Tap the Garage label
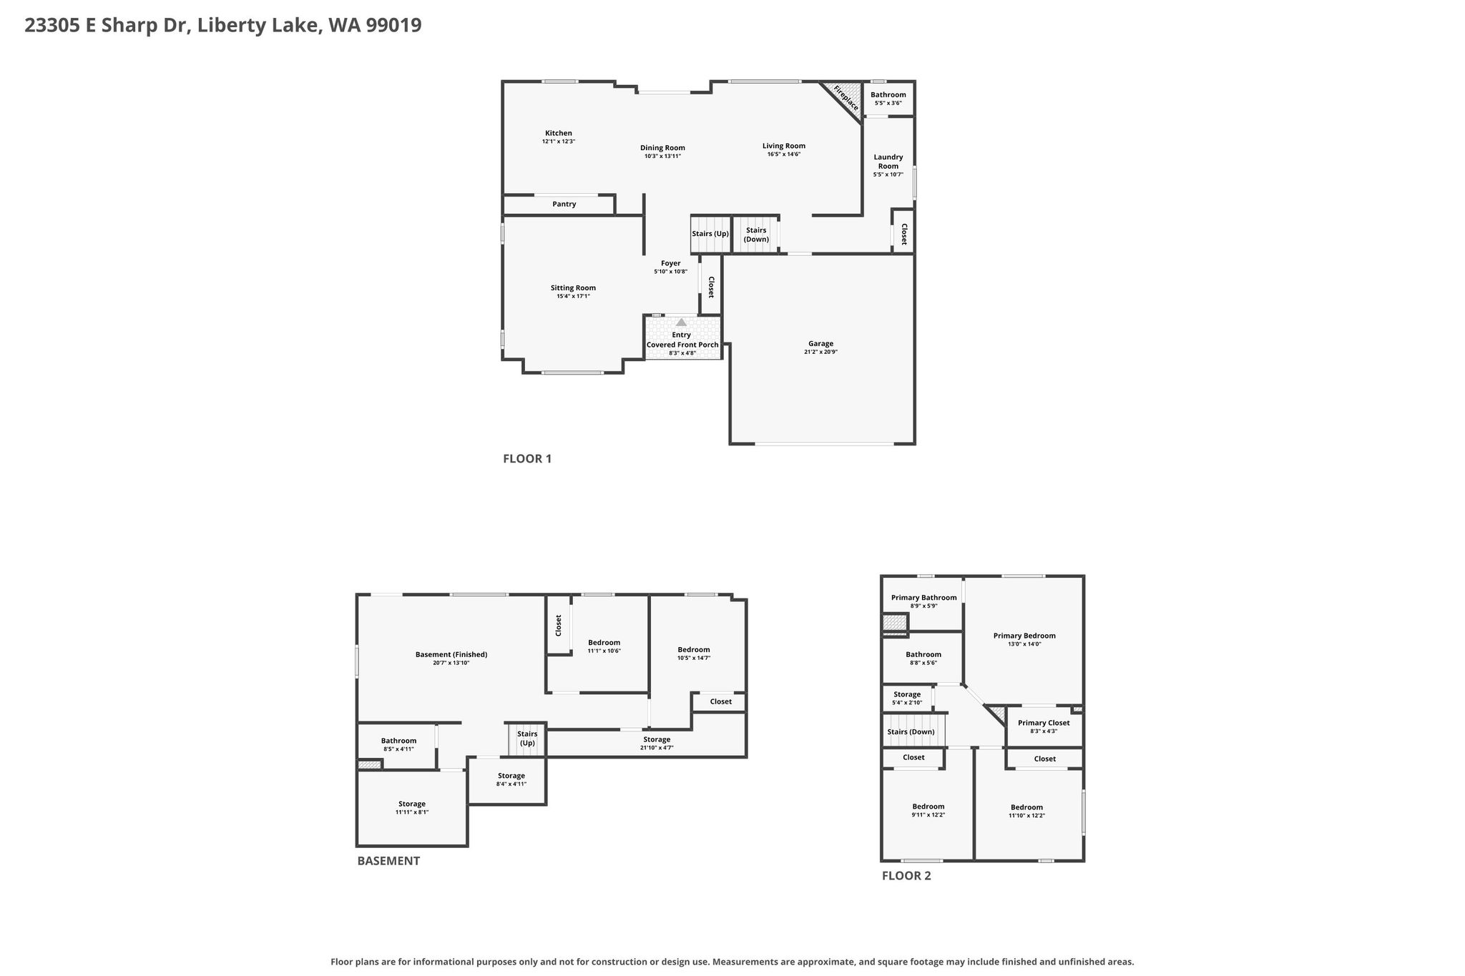[821, 344]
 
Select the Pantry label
[564, 204]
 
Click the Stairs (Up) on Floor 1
[710, 234]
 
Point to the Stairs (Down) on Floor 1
[756, 234]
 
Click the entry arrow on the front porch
[681, 322]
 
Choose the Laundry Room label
[888, 162]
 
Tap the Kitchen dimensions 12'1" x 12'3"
[559, 142]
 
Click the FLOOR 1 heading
[527, 459]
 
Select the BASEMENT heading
[388, 861]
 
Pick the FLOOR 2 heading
[906, 876]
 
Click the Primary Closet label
[1044, 723]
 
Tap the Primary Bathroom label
[923, 598]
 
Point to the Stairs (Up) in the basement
[527, 739]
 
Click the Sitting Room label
[573, 288]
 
